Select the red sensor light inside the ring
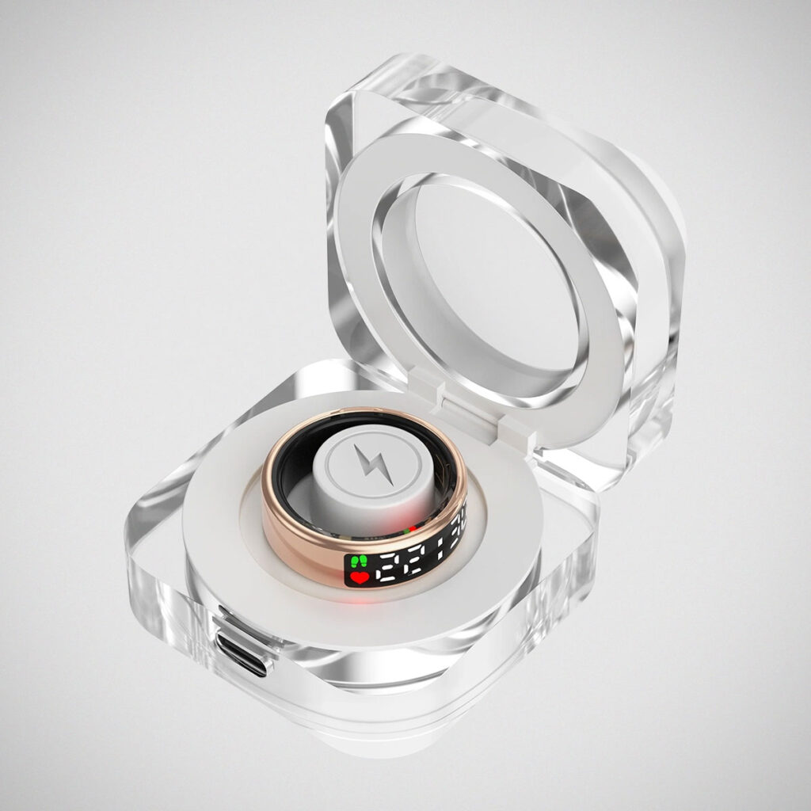pos(412,528)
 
